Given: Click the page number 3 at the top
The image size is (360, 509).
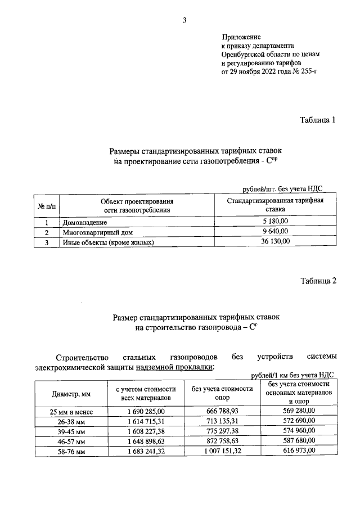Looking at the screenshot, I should coord(184,21).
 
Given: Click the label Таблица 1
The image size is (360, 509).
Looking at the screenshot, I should coord(318,119).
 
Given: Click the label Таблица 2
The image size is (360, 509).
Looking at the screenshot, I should coord(318,281).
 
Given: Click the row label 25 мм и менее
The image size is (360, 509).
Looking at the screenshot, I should coord(71,412).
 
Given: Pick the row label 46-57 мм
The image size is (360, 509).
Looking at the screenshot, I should coord(71,442).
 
